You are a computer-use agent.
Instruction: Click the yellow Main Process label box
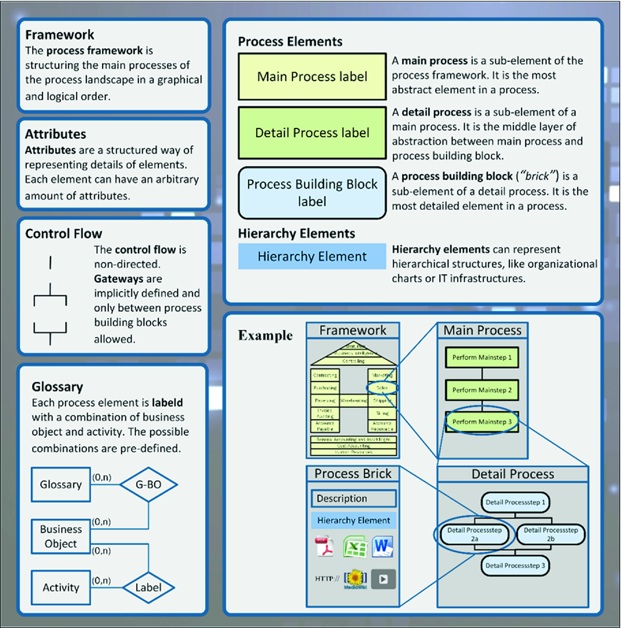[x=312, y=77]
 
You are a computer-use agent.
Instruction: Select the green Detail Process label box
[x=312, y=133]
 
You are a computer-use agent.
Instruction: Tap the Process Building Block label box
[x=312, y=193]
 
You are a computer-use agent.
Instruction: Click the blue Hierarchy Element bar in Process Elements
[x=312, y=257]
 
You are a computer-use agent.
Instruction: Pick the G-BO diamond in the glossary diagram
[x=148, y=485]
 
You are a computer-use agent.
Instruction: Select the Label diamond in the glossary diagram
[x=148, y=588]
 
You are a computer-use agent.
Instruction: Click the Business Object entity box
[x=61, y=537]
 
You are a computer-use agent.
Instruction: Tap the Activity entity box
[x=61, y=588]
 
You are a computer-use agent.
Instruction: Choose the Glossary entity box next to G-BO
[x=61, y=485]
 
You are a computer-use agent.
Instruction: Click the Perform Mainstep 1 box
[x=482, y=358]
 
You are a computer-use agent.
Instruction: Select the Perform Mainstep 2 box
[x=482, y=390]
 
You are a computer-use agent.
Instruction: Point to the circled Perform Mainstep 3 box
[x=482, y=422]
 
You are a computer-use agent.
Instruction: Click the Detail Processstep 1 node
[x=515, y=502]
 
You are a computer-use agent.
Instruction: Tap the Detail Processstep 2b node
[x=551, y=534]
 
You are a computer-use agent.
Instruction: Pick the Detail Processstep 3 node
[x=515, y=566]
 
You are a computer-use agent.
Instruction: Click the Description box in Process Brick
[x=354, y=499]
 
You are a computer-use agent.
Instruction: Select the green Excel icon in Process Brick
[x=355, y=547]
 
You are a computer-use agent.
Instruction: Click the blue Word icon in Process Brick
[x=382, y=547]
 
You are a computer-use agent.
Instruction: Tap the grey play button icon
[x=383, y=579]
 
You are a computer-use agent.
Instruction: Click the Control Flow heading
[x=64, y=234]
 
